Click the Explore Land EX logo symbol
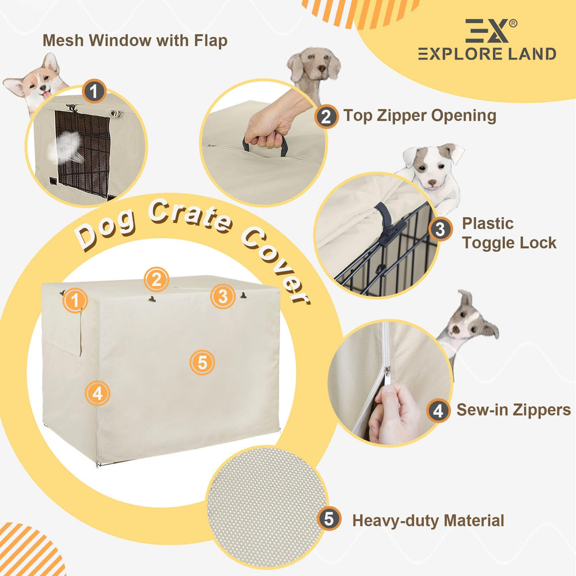click(487, 31)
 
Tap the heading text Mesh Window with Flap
click(135, 40)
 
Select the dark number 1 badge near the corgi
click(94, 91)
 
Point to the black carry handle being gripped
click(265, 145)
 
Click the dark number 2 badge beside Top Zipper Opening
click(326, 116)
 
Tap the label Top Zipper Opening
click(419, 116)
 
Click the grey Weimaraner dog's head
click(314, 66)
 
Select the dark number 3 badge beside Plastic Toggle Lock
click(439, 229)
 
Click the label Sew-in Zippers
click(513, 410)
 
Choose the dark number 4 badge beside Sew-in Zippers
click(438, 410)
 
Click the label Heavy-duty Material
click(428, 521)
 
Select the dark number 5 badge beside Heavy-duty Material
click(329, 519)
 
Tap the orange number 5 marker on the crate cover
click(202, 362)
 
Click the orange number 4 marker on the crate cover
click(97, 393)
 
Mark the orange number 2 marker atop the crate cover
click(157, 279)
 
